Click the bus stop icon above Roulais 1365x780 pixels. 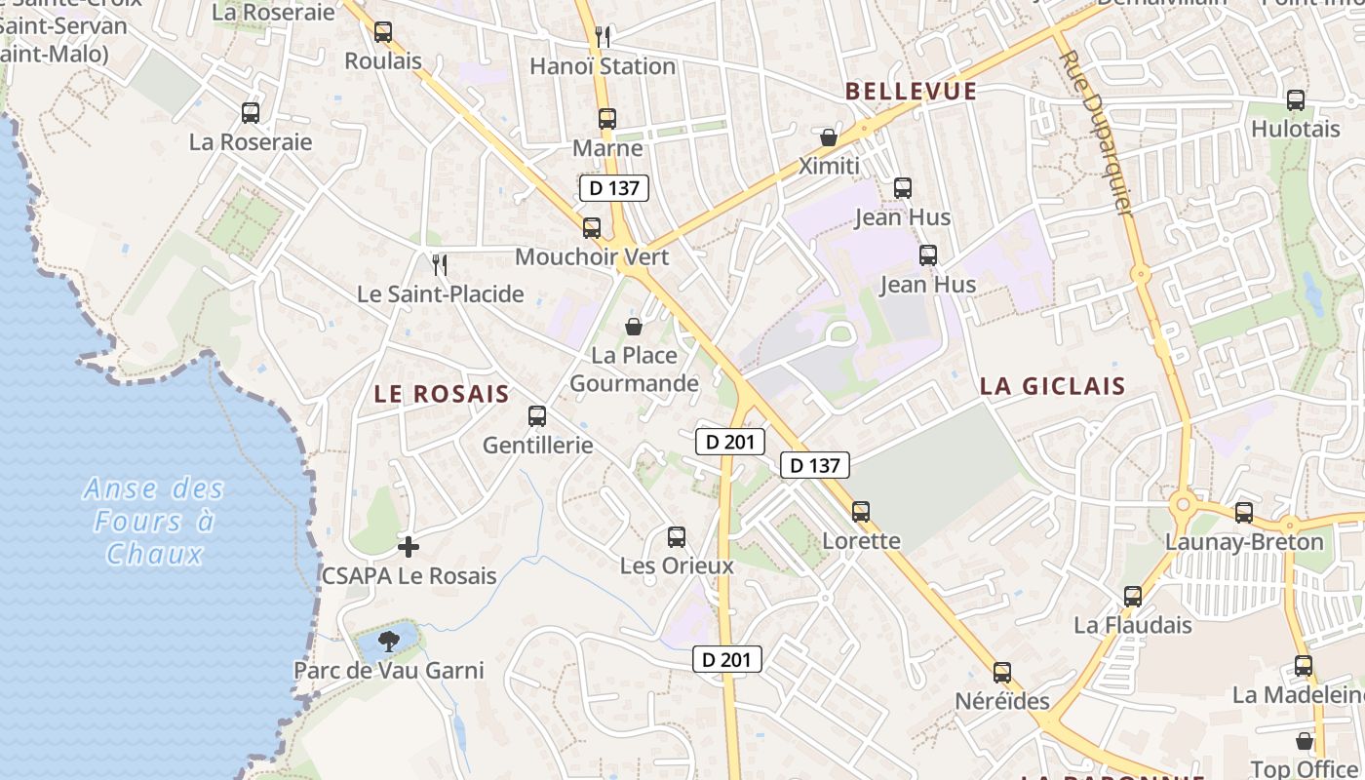[x=383, y=32]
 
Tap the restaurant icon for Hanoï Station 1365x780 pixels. [x=603, y=37]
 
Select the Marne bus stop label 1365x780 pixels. [x=607, y=148]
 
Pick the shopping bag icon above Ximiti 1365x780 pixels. [x=829, y=137]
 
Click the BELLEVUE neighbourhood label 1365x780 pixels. [x=911, y=92]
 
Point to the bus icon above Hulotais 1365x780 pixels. [x=1296, y=100]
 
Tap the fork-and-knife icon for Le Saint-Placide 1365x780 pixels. [x=440, y=264]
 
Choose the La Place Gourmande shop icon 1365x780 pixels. [x=634, y=327]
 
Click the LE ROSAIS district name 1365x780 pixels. [x=442, y=394]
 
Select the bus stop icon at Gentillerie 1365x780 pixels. [x=537, y=416]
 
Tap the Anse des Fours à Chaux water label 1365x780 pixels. [x=154, y=521]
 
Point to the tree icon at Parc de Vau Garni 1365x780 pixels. [x=389, y=642]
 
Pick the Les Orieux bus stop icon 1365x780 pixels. [x=677, y=537]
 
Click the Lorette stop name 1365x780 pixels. [x=862, y=540]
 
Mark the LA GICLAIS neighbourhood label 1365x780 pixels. [x=1053, y=386]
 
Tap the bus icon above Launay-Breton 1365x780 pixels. [x=1244, y=513]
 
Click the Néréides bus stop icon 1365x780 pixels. [x=1002, y=673]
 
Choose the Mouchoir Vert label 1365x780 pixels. [x=592, y=256]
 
